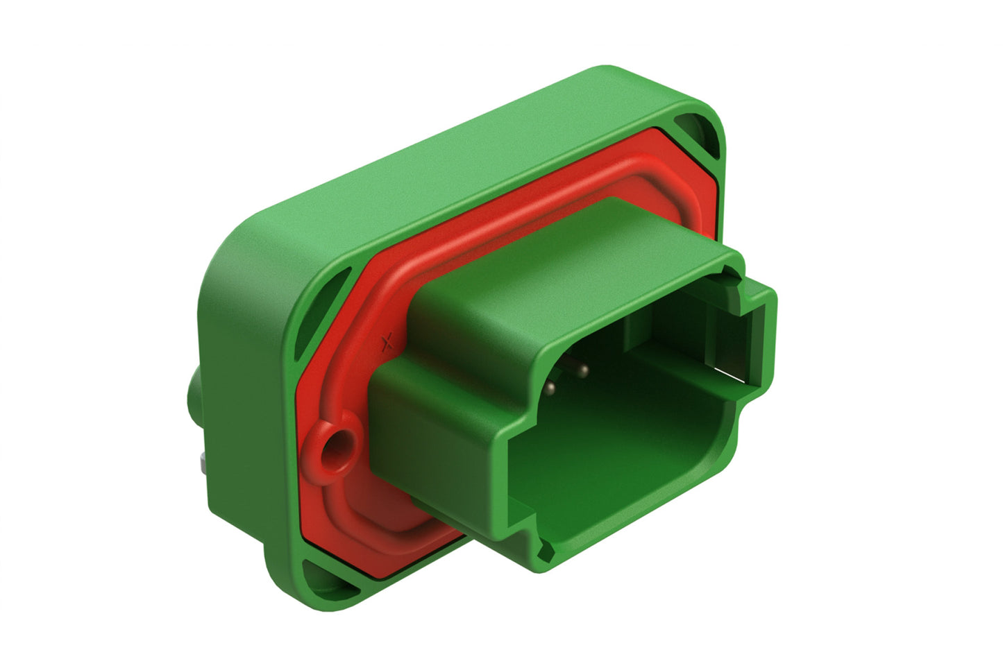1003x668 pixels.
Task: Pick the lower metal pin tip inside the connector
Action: coord(550,386)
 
